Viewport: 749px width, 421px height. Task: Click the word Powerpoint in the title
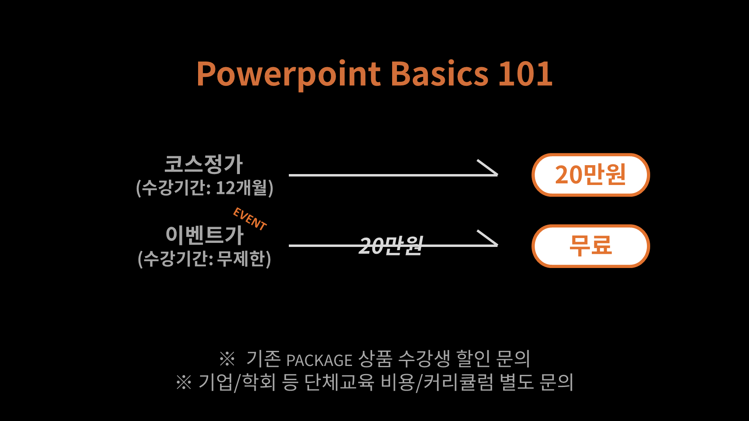pyautogui.click(x=288, y=74)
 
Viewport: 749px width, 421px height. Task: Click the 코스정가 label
pyautogui.click(x=203, y=164)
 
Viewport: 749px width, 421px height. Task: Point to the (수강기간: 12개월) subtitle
pyautogui.click(x=205, y=188)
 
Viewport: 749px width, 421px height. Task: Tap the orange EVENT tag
pyautogui.click(x=250, y=219)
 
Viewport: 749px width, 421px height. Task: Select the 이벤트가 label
pyautogui.click(x=205, y=235)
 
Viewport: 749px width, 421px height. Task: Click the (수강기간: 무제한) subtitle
pyautogui.click(x=205, y=259)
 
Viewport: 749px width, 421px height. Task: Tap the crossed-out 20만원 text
pyautogui.click(x=391, y=246)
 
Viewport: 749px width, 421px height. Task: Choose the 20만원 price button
pyautogui.click(x=591, y=175)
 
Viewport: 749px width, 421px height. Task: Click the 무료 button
pyautogui.click(x=591, y=246)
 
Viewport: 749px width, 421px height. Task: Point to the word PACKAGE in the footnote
pyautogui.click(x=319, y=360)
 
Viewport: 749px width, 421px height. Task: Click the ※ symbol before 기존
pyautogui.click(x=227, y=358)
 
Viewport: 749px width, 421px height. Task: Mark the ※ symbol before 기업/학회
pyautogui.click(x=184, y=382)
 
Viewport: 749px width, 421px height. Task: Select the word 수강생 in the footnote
pyautogui.click(x=424, y=358)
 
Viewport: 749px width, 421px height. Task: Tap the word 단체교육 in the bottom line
pyautogui.click(x=339, y=382)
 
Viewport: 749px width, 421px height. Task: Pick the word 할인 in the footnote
pyautogui.click(x=474, y=358)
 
